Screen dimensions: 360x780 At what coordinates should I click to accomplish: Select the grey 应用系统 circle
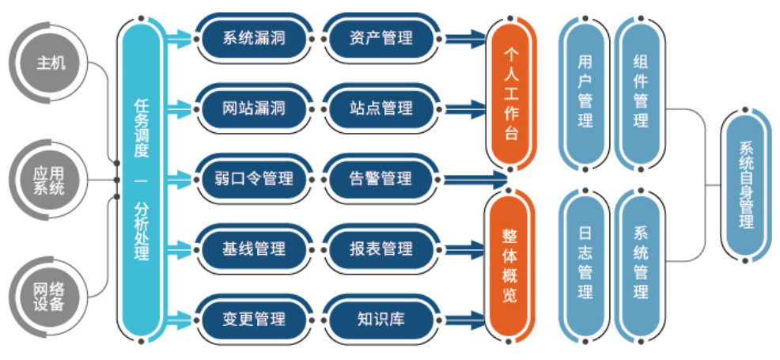(50, 179)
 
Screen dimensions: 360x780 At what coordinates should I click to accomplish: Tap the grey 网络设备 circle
(50, 293)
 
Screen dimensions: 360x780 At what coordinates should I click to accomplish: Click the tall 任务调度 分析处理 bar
(142, 179)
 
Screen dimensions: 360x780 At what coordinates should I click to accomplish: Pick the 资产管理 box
(381, 37)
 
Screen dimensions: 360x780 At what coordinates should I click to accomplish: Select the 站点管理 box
(381, 108)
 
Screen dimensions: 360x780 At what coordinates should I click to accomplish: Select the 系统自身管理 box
(746, 186)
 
